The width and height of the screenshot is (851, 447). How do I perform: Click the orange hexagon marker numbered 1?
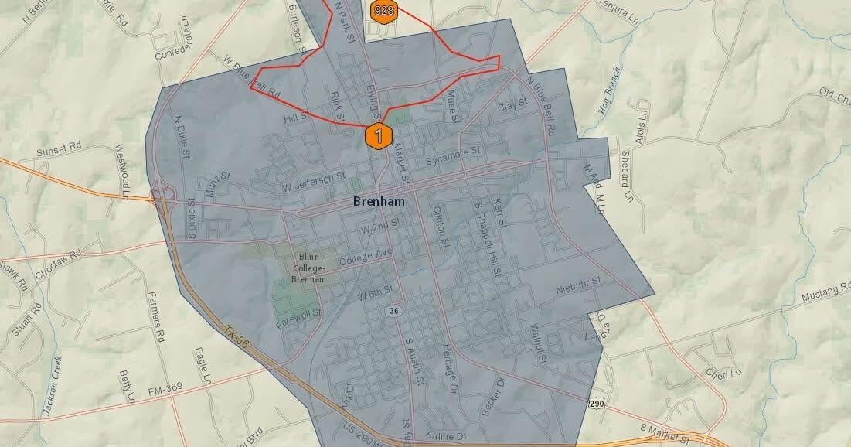(x=379, y=135)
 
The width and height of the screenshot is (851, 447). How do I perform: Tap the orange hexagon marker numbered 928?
(x=380, y=10)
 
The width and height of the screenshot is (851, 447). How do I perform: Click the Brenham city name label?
(x=379, y=201)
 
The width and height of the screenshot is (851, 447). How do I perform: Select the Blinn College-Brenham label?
(x=309, y=268)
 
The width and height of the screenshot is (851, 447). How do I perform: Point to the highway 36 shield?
(x=393, y=310)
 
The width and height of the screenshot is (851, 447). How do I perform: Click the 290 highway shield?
(x=595, y=404)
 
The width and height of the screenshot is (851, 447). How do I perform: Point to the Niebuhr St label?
(x=578, y=289)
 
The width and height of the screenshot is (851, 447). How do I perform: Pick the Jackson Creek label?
(x=52, y=387)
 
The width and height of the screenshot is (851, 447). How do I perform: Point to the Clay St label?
(x=512, y=104)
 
